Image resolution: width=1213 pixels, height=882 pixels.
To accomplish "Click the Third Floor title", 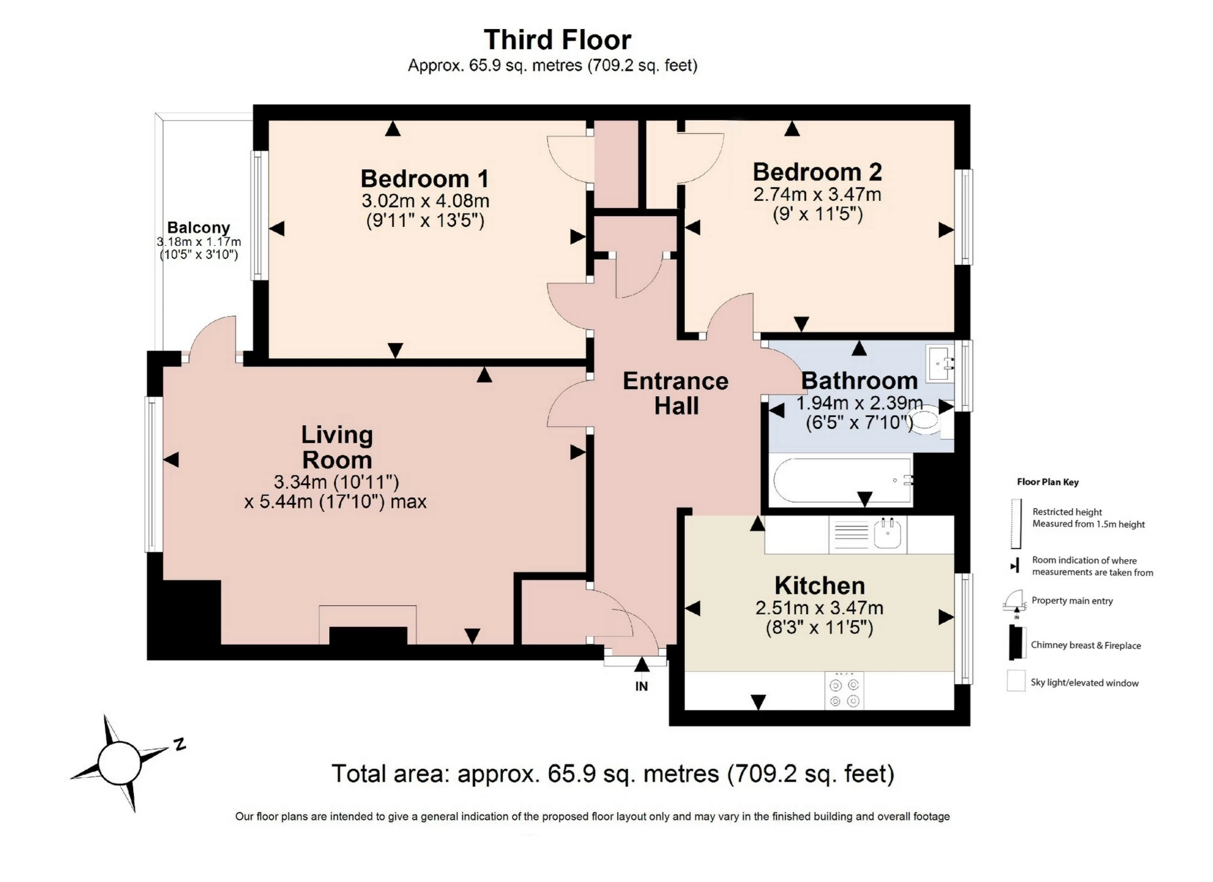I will [557, 40].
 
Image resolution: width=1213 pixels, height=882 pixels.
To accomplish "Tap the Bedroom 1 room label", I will [425, 179].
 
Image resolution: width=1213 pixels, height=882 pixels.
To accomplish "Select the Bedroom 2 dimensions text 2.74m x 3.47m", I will [817, 194].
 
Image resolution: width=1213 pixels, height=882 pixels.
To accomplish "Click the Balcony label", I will [198, 227].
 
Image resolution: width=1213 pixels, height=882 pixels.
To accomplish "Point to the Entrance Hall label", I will [675, 393].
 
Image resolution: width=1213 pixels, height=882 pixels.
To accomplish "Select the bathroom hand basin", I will [939, 363].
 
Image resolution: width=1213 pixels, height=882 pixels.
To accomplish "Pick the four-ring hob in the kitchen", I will [844, 692].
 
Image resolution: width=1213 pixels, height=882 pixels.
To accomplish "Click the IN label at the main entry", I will [641, 686].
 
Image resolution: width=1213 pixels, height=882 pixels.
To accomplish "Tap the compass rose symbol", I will [120, 763].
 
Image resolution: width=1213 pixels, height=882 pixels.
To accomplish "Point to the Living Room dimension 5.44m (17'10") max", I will [335, 502].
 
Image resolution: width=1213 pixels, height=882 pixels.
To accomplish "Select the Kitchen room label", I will [819, 585].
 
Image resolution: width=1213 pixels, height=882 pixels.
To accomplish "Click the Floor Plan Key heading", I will [1047, 482].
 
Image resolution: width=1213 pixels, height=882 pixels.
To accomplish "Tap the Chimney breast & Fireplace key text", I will [1085, 645].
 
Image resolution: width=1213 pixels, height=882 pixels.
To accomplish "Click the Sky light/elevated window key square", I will [1016, 681].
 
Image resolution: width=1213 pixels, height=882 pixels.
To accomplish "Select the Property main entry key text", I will [1072, 601].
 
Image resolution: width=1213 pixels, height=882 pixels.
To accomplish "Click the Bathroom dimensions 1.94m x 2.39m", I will [859, 403].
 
